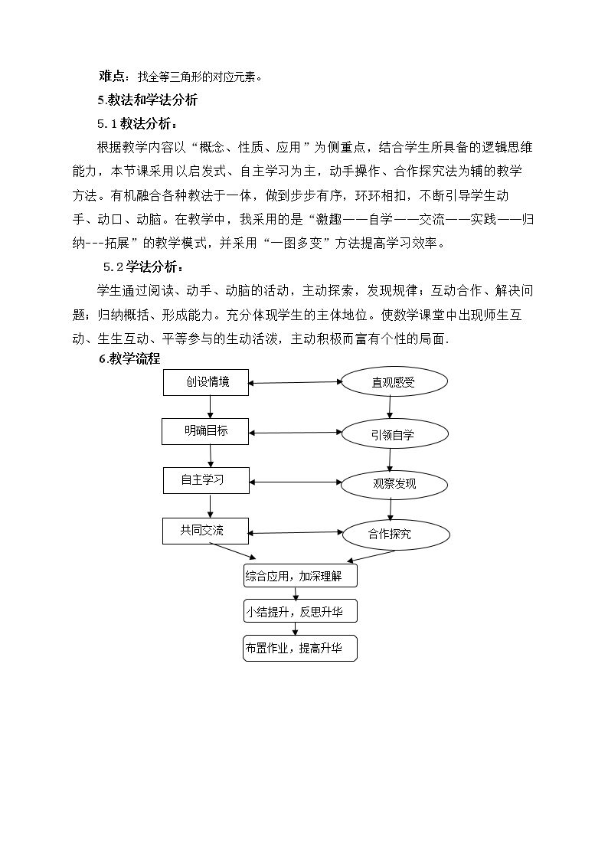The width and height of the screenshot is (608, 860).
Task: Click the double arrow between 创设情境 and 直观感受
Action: click(x=295, y=382)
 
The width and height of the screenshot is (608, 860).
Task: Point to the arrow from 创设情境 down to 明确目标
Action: click(x=210, y=407)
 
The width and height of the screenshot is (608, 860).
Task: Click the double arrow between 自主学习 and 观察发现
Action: click(x=296, y=482)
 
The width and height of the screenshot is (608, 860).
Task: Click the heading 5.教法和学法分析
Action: click(x=148, y=100)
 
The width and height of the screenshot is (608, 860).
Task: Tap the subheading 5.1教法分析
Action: click(x=138, y=124)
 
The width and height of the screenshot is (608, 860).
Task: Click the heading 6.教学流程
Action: click(x=129, y=358)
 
